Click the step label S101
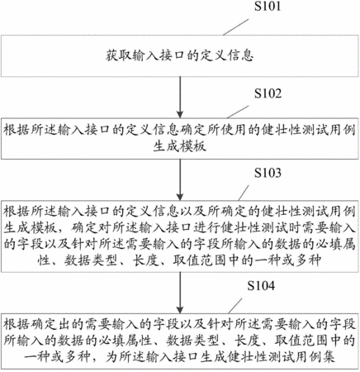[x=268, y=6]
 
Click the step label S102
[x=268, y=93]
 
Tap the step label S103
[x=268, y=173]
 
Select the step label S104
[x=261, y=286]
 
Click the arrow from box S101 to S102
[x=180, y=98]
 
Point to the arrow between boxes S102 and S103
[x=180, y=180]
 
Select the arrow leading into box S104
[x=180, y=293]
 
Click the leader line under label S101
[x=235, y=27]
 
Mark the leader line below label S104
[x=235, y=306]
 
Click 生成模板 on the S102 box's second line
[x=179, y=146]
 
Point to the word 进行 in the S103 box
[x=206, y=227]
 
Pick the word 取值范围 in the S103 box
[x=199, y=260]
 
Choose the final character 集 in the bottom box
[x=329, y=357]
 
